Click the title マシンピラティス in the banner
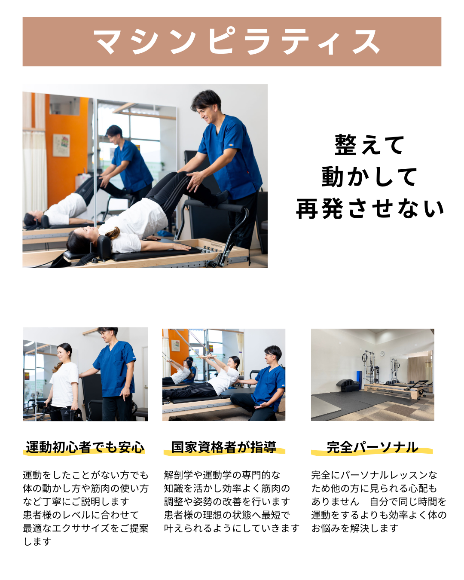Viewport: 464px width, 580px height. pyautogui.click(x=237, y=42)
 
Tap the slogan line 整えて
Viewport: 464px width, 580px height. pyautogui.click(x=370, y=145)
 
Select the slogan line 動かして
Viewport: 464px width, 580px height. pyautogui.click(x=370, y=177)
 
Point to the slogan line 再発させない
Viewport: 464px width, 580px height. pyautogui.click(x=370, y=209)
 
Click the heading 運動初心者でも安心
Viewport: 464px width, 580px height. pyautogui.click(x=85, y=447)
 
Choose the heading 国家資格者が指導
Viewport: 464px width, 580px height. pyautogui.click(x=224, y=447)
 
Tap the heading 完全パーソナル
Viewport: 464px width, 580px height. pyautogui.click(x=372, y=447)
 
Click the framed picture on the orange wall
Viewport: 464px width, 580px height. pyautogui.click(x=61, y=145)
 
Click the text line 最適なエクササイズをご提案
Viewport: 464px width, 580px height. pyautogui.click(x=85, y=528)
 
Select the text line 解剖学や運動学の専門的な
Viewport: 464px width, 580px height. pyautogui.click(x=222, y=475)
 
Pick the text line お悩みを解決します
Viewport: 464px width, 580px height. pyautogui.click(x=355, y=528)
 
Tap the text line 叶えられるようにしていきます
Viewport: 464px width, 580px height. pyautogui.click(x=232, y=528)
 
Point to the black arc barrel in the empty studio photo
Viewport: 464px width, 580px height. pyautogui.click(x=347, y=385)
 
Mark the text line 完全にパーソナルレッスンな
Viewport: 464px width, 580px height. pyautogui.click(x=374, y=475)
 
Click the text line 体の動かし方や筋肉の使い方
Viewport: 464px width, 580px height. pyautogui.click(x=85, y=488)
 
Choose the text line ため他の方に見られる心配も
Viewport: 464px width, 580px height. pyautogui.click(x=374, y=488)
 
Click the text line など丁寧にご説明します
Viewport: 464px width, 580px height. pyautogui.click(x=76, y=501)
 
